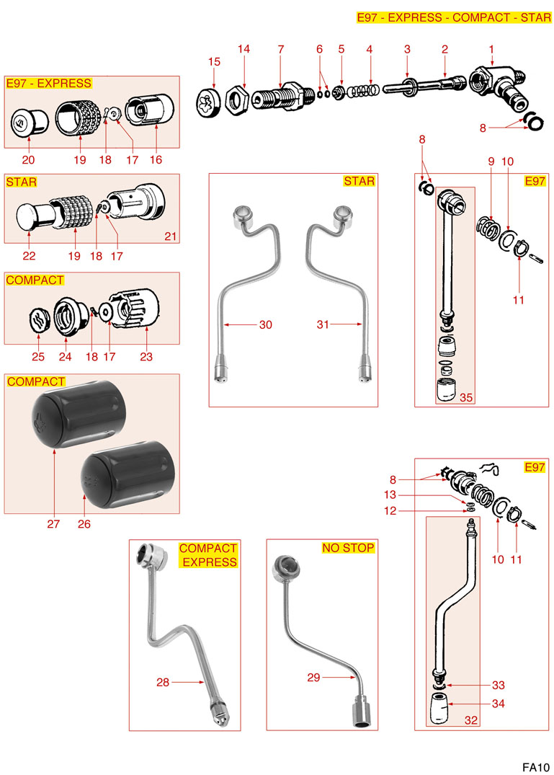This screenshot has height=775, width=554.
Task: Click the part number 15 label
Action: pyautogui.click(x=213, y=62)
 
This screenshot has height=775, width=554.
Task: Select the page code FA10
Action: pyautogui.click(x=537, y=766)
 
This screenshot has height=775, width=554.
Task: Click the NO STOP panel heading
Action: pyautogui.click(x=348, y=548)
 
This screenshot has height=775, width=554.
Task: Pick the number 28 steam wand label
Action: pyautogui.click(x=163, y=682)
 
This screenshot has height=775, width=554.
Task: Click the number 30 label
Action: pyautogui.click(x=266, y=325)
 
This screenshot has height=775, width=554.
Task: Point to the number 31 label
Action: pyautogui.click(x=322, y=325)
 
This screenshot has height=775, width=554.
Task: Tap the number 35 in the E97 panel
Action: pyautogui.click(x=465, y=397)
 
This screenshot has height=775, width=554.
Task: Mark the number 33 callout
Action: pyautogui.click(x=498, y=685)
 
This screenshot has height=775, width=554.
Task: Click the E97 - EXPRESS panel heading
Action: pyautogui.click(x=48, y=84)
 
